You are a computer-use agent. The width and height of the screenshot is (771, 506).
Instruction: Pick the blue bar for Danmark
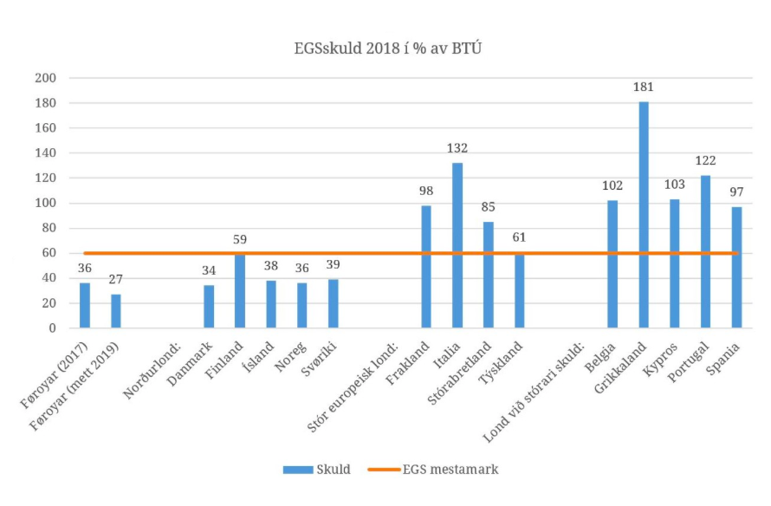209,307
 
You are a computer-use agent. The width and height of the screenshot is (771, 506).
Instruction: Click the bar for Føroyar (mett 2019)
116,311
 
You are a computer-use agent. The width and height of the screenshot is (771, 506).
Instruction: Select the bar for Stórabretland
488,275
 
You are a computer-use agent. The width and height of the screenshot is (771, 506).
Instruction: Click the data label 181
644,87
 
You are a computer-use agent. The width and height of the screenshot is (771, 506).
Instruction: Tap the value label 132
457,148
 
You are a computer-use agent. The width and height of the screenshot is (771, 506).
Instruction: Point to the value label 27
116,279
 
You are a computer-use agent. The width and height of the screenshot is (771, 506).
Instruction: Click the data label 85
488,207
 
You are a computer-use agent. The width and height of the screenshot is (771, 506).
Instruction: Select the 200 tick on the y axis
47,78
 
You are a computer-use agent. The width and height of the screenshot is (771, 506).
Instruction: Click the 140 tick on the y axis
47,153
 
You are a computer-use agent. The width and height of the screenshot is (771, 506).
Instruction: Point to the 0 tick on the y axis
53,328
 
